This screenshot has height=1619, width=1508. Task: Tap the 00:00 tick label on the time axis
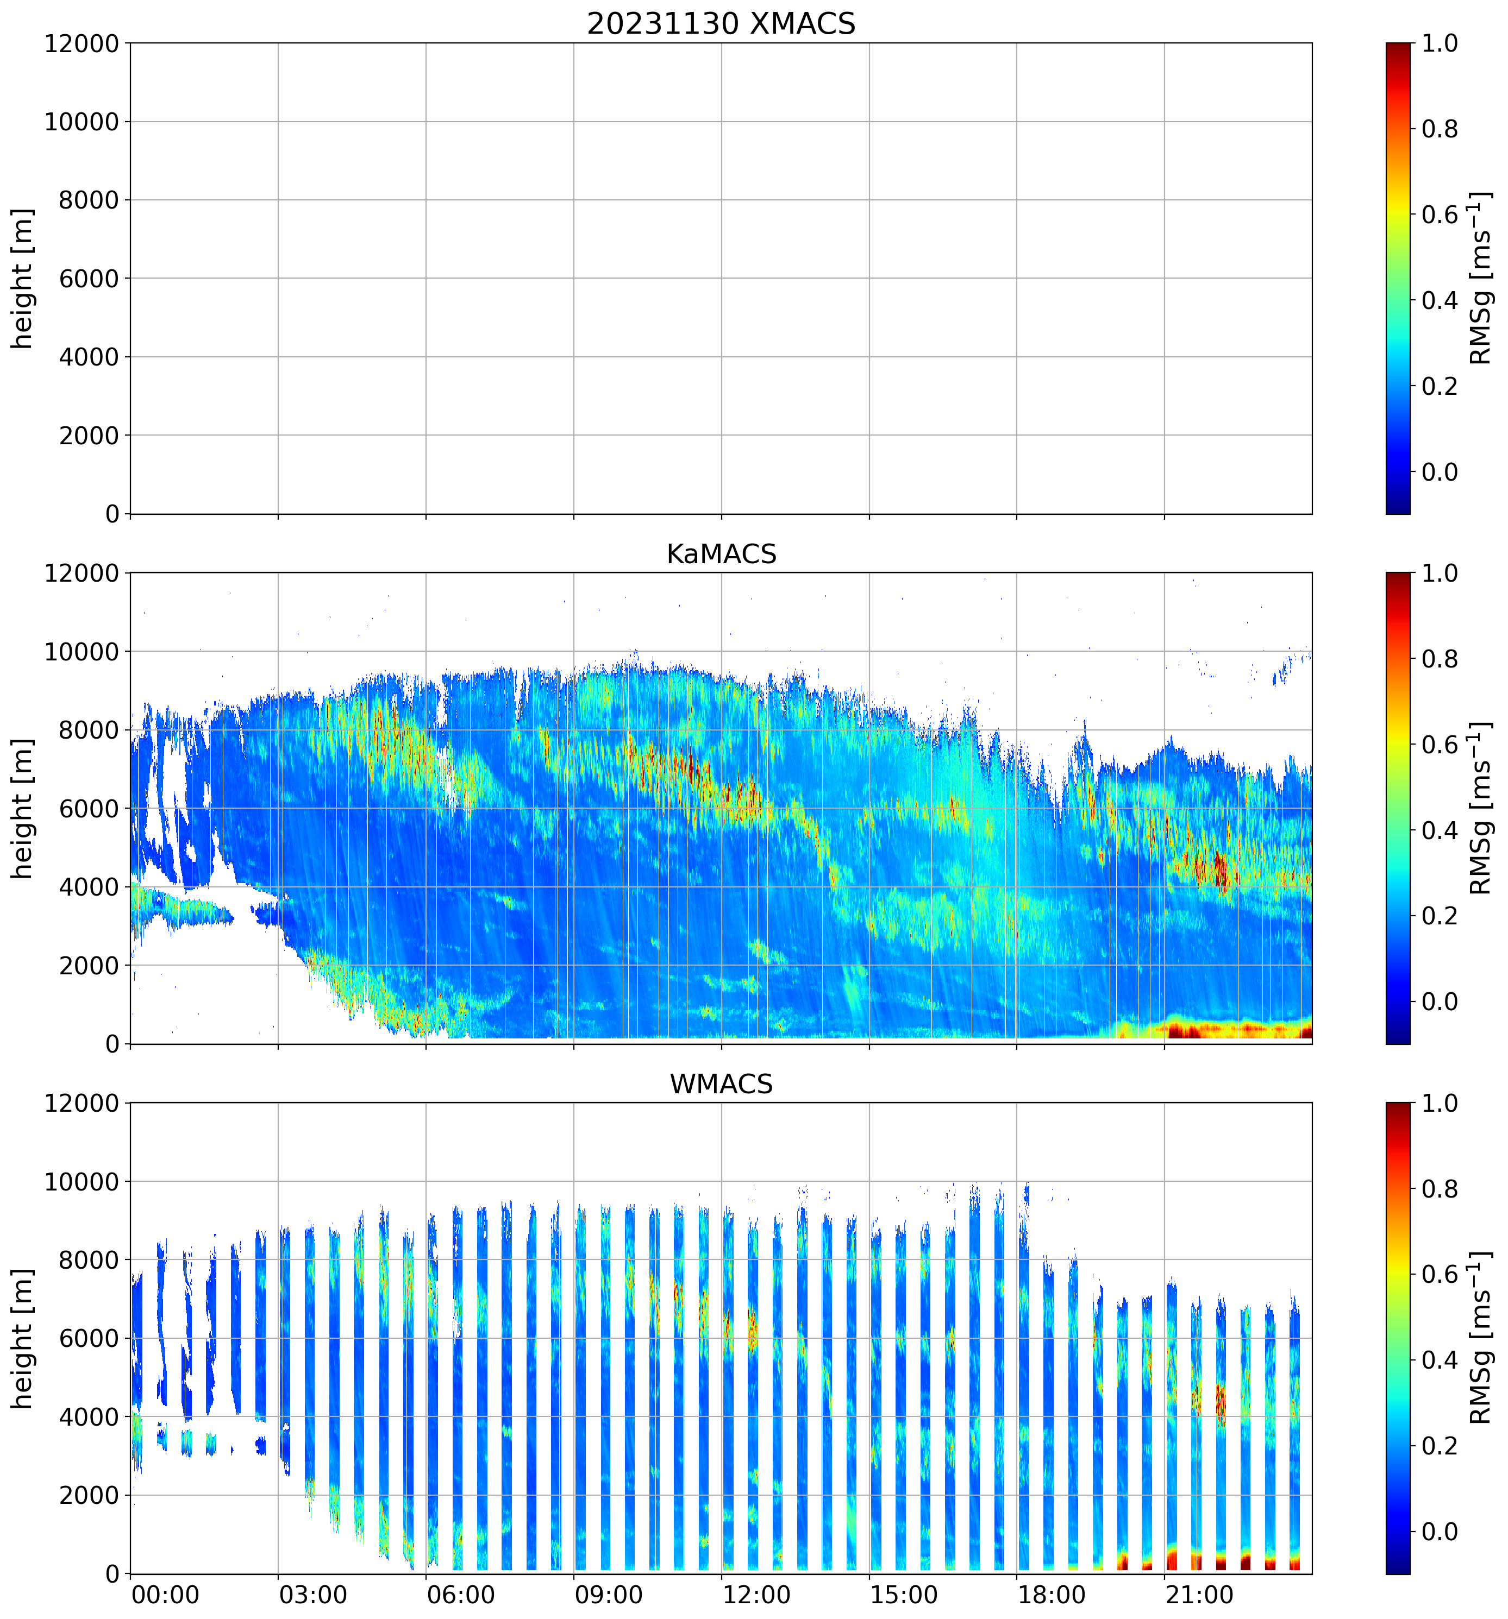pyautogui.click(x=165, y=1594)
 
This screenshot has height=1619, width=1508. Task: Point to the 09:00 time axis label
pyautogui.click(x=609, y=1594)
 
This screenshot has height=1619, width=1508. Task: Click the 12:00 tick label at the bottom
pyautogui.click(x=756, y=1594)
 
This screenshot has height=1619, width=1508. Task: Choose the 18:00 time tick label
pyautogui.click(x=1052, y=1594)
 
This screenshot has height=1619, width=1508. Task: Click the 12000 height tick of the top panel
pyautogui.click(x=82, y=43)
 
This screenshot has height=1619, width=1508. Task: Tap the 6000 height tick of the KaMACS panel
pyautogui.click(x=89, y=809)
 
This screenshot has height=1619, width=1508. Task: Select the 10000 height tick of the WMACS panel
pyautogui.click(x=82, y=1182)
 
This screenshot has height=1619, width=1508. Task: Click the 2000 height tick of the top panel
pyautogui.click(x=89, y=436)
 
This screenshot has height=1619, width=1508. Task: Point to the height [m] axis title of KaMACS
pyautogui.click(x=23, y=808)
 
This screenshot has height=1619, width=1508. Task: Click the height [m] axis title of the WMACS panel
pyautogui.click(x=23, y=1338)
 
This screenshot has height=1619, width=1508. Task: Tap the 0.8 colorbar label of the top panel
pyautogui.click(x=1440, y=129)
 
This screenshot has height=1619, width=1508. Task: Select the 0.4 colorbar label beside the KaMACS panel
pyautogui.click(x=1440, y=830)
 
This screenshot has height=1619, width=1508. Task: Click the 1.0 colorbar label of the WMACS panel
pyautogui.click(x=1440, y=1104)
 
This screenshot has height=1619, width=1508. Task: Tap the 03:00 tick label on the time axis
pyautogui.click(x=313, y=1594)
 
